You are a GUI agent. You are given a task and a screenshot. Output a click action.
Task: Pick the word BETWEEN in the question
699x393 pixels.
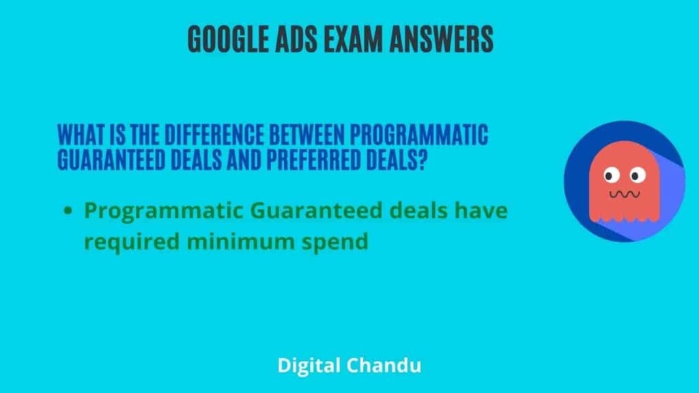pos(279,135)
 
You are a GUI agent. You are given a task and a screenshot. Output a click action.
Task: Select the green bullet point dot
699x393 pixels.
pos(68,212)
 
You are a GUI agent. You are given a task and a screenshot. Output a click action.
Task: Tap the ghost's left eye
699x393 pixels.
pos(611,176)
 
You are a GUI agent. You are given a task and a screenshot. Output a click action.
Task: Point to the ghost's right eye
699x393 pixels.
pos(637,176)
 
